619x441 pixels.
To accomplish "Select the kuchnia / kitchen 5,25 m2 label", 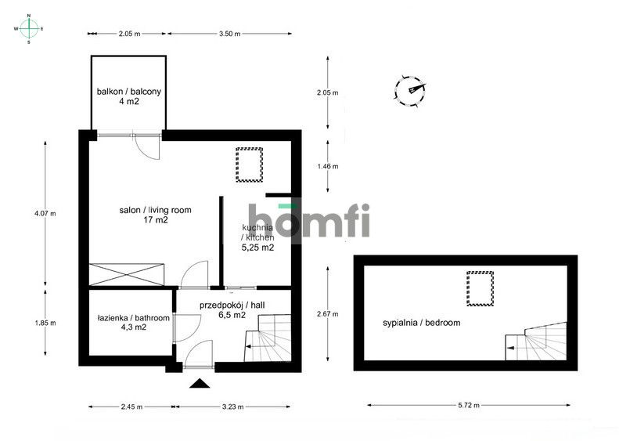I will pos(257,237).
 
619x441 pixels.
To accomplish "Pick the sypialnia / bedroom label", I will pos(421,322).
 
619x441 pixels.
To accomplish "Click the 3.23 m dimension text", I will pos(233,407).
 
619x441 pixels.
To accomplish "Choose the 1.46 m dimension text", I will pos(327,166).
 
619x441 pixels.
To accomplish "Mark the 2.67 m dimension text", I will pos(327,314).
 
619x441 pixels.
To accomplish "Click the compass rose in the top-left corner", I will pos(29,28).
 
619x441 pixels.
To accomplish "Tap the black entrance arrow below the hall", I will pos(200,383).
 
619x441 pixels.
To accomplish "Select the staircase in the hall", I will pos(269,338).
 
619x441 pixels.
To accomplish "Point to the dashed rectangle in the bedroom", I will pos(480,287).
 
